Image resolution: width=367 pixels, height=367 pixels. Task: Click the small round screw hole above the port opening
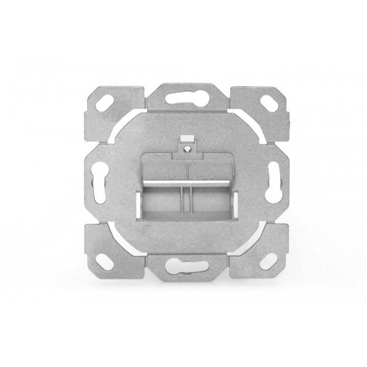[187, 148]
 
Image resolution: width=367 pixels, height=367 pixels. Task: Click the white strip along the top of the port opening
[187, 184]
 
